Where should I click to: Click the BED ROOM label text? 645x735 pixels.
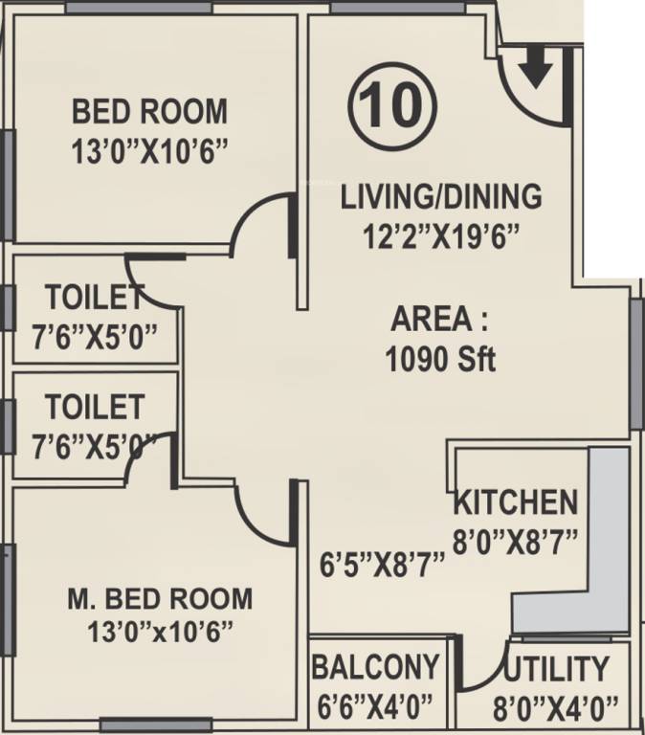point(150,111)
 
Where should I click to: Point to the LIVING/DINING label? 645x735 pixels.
point(441,197)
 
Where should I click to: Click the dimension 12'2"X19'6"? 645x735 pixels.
point(441,235)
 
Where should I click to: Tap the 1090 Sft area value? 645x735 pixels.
point(441,361)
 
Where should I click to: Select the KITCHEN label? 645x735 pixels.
point(515,501)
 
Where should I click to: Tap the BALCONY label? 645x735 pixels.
point(376,667)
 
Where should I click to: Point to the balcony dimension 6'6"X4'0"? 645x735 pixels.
point(376,707)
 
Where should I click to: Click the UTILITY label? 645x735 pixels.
point(556,668)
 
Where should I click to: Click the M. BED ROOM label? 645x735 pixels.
point(161,599)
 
